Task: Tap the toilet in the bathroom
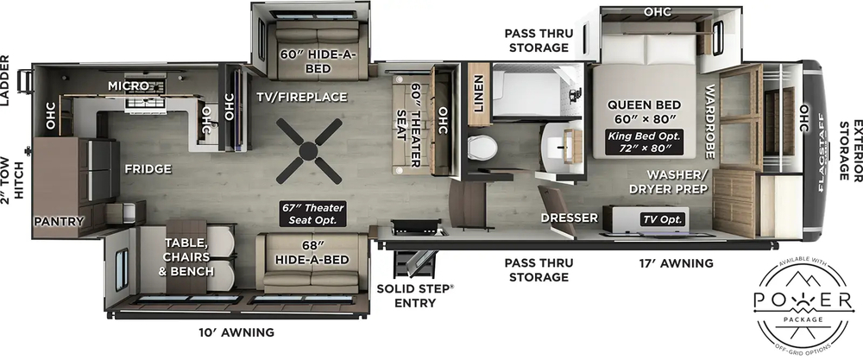click(482, 146)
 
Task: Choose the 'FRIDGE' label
click(146, 169)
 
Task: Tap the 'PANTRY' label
click(60, 222)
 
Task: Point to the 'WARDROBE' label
click(710, 122)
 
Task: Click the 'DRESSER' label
click(564, 219)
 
